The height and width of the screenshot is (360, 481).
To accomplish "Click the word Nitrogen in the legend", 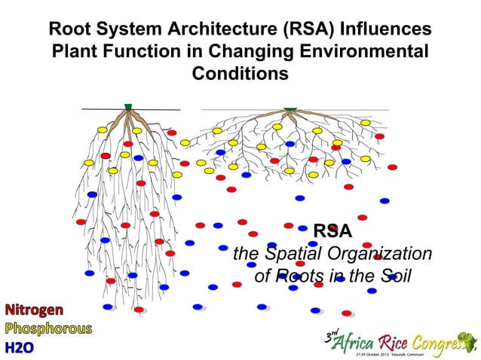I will click(35, 310).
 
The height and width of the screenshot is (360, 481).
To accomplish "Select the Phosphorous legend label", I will click(48, 328).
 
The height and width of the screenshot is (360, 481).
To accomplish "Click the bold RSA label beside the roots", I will click(332, 230).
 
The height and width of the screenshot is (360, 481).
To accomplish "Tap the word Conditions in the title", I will click(240, 75).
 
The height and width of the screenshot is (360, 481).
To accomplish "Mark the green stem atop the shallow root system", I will click(290, 107).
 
